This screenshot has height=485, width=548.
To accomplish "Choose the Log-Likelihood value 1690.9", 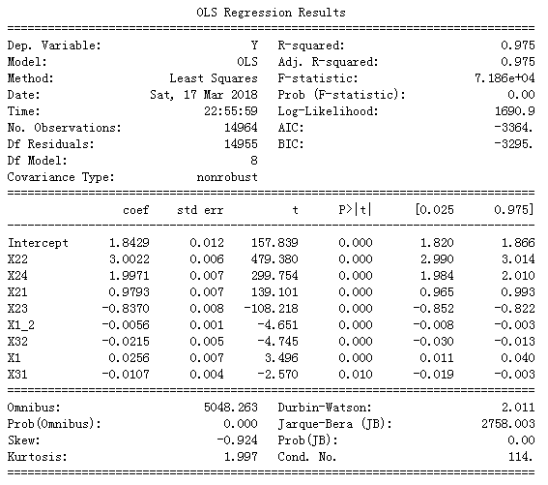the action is tap(511, 111).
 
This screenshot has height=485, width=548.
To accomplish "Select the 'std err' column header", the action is tap(199, 210).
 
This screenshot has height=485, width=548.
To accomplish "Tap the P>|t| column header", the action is tap(354, 210).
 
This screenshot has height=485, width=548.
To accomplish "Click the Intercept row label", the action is tap(38, 243).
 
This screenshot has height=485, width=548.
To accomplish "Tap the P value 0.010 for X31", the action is tap(357, 375).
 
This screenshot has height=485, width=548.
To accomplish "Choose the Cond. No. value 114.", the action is tap(519, 457).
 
